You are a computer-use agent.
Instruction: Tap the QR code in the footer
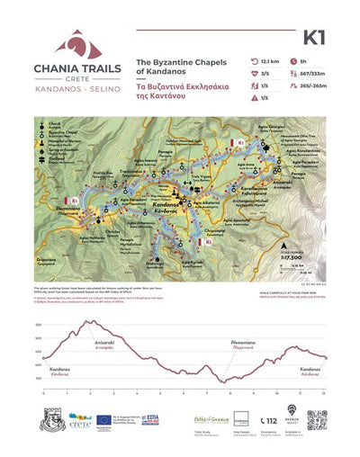pos(317,421)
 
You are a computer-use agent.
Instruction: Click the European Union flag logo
pos(105,419)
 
